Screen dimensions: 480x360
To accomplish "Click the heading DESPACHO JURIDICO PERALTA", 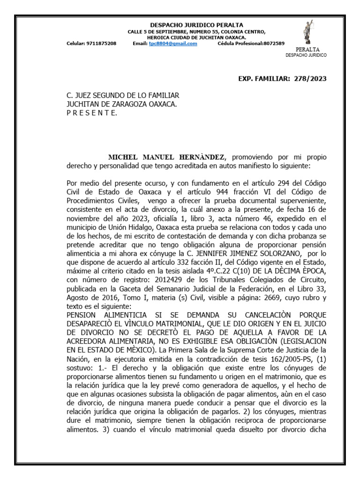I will [x=196, y=25].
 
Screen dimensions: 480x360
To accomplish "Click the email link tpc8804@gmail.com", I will [x=173, y=44].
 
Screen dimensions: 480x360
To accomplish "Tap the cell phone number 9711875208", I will [x=101, y=44].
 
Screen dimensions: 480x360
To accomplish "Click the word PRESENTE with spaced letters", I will [x=92, y=113].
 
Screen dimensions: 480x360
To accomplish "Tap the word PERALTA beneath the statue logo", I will [x=307, y=49].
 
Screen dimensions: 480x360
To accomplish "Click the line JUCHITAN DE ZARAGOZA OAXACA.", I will [x=122, y=104].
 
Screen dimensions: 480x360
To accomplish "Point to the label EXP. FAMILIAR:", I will [x=265, y=78].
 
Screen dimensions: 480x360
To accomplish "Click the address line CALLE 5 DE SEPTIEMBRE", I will [x=196, y=31].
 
